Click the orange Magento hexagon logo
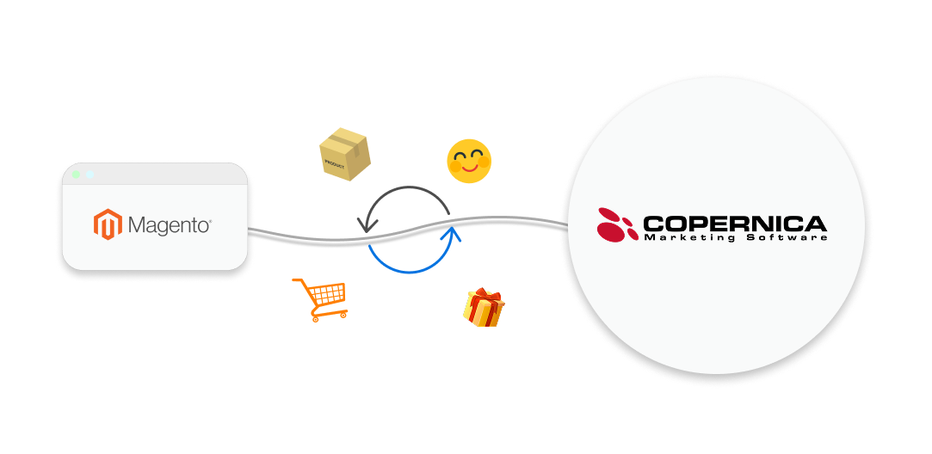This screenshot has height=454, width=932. [108, 225]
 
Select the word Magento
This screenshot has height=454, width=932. [169, 225]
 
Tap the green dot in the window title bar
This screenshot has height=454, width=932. [75, 175]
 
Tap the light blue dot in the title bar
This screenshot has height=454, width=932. [89, 175]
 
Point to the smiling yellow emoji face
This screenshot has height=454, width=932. [469, 161]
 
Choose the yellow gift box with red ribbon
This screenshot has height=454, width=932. [484, 309]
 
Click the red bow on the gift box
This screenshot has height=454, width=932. [485, 295]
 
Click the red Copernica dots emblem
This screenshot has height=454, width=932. [616, 224]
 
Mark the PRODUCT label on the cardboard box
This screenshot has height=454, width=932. [335, 162]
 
